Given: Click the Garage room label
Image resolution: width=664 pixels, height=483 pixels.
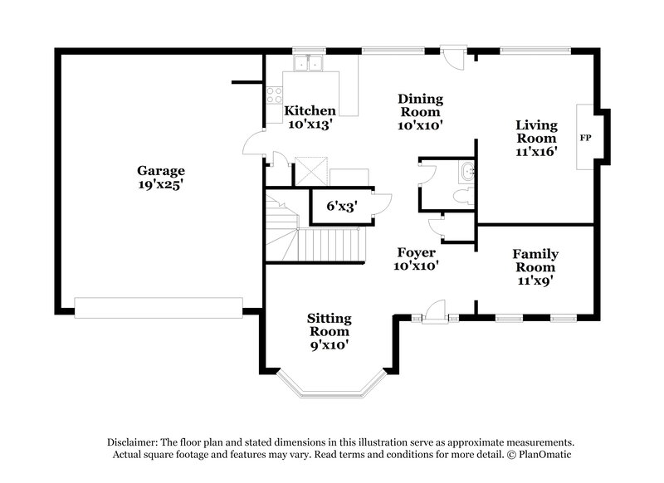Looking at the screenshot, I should click(160, 171).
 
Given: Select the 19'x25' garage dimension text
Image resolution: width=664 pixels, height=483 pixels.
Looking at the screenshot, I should click(160, 186).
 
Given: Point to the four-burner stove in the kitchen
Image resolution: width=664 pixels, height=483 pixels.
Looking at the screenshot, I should click(275, 96).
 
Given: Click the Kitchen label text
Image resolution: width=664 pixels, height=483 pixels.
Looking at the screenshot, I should click(310, 110).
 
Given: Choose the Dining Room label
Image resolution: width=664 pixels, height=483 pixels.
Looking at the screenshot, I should click(421, 105).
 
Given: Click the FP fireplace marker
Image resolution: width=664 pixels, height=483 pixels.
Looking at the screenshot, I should click(585, 137).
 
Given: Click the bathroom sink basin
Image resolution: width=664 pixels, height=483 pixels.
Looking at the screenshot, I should click(467, 173).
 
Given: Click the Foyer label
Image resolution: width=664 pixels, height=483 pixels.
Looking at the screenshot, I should click(416, 252).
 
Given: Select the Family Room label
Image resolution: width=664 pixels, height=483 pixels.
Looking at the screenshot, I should click(535, 261).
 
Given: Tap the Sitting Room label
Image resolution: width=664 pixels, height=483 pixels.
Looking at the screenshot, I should click(330, 324).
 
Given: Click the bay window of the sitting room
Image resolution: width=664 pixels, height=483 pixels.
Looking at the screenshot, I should click(330, 386).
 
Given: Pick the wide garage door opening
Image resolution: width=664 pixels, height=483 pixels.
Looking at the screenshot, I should click(159, 307).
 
